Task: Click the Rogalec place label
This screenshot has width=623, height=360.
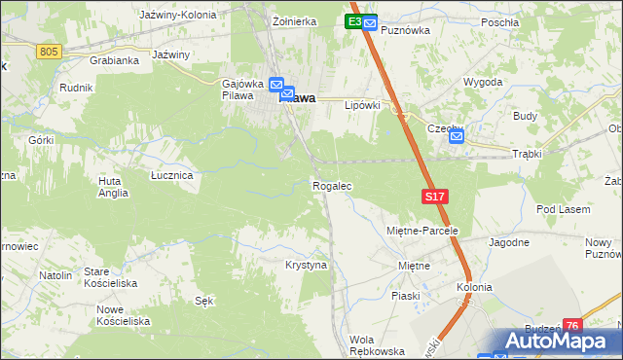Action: click(x=331, y=185)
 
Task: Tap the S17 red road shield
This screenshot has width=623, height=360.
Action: click(x=435, y=197)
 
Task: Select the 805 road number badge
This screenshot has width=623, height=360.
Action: click(x=51, y=51)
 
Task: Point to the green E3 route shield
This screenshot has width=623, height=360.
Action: click(x=354, y=21)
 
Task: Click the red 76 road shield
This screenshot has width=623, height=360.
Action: click(x=571, y=326)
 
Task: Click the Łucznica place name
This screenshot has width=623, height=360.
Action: click(x=171, y=175)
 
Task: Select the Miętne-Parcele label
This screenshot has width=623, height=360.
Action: click(x=416, y=231)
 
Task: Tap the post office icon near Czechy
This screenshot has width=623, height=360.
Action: click(x=458, y=138)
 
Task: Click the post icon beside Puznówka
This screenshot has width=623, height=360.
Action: click(x=370, y=21)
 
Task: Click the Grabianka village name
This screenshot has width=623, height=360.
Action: click(x=114, y=59)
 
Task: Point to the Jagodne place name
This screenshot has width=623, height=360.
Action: click(x=509, y=242)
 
